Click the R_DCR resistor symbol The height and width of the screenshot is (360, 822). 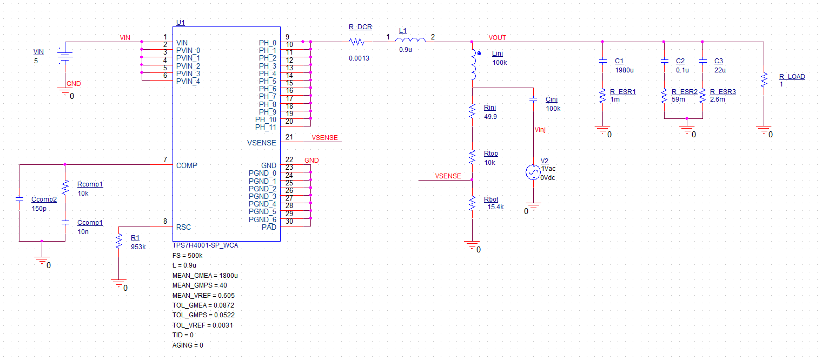click(357, 42)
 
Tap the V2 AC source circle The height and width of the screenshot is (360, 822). click(533, 172)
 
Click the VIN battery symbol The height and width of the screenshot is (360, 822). click(65, 56)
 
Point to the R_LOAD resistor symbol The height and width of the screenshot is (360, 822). click(763, 80)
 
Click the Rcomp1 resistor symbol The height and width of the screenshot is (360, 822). click(65, 188)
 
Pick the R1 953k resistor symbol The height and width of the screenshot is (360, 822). click(118, 241)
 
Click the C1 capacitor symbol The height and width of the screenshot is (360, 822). click(602, 62)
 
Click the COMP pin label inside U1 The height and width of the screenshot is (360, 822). click(187, 165)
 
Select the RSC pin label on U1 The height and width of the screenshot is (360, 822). click(184, 227)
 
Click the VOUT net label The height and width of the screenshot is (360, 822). click(497, 38)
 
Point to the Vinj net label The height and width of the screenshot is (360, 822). click(541, 130)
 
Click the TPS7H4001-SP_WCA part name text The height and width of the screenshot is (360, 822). click(205, 245)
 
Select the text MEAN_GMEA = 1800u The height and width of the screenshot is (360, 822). click(205, 275)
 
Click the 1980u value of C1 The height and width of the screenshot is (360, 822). click(624, 70)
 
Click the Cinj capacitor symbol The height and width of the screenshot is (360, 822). click(533, 99)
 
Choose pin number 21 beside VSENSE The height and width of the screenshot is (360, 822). click(289, 137)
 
